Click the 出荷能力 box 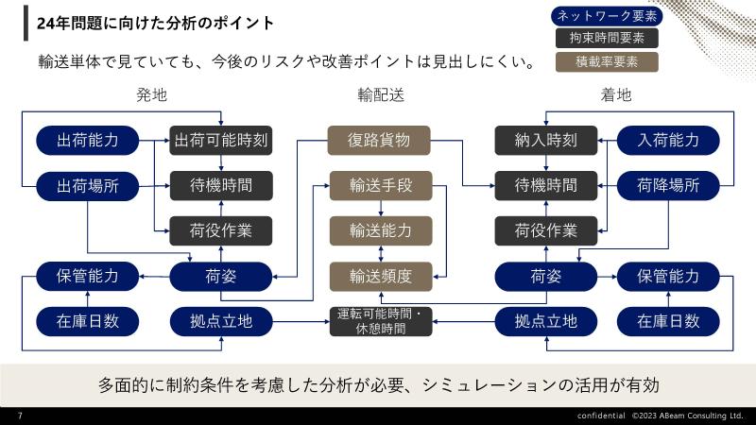pyautogui.click(x=88, y=140)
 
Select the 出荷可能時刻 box pyautogui.click(x=221, y=140)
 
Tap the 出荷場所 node pyautogui.click(x=88, y=186)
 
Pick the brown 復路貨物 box pyautogui.click(x=379, y=140)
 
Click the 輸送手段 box pyautogui.click(x=381, y=185)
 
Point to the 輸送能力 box pyautogui.click(x=381, y=230)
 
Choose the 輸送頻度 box pyautogui.click(x=381, y=277)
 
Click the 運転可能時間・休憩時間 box pyautogui.click(x=381, y=321)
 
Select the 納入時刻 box pyautogui.click(x=546, y=140)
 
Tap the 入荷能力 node pyautogui.click(x=668, y=140)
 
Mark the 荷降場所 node pyautogui.click(x=668, y=185)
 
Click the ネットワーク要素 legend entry pyautogui.click(x=607, y=16)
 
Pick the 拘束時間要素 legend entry pyautogui.click(x=607, y=38)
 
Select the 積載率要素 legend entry pyautogui.click(x=607, y=62)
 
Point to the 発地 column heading pyautogui.click(x=151, y=95)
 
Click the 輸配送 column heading pyautogui.click(x=381, y=95)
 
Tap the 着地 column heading pyautogui.click(x=616, y=95)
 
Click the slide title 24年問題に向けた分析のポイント pyautogui.click(x=155, y=23)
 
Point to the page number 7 pyautogui.click(x=20, y=416)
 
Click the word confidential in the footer pyautogui.click(x=601, y=416)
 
